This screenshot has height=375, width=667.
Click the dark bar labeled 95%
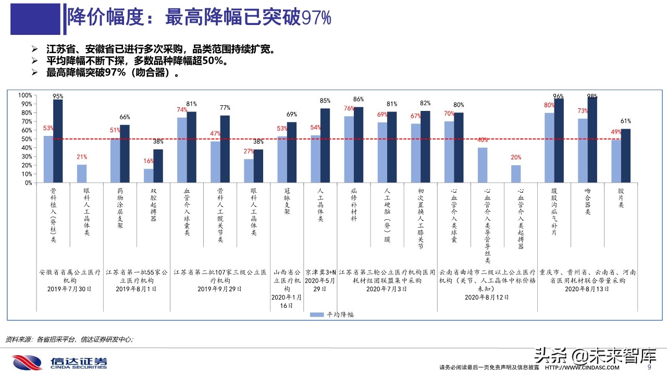(58, 141)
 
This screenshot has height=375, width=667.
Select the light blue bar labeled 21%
(82, 173)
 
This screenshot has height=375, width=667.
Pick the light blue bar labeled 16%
(149, 176)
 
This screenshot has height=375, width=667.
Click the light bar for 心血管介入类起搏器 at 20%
(515, 174)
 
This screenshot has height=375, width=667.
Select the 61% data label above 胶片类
(626, 121)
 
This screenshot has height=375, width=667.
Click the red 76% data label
(349, 109)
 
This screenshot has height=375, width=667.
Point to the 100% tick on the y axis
(24, 95)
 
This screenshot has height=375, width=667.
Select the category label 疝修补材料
(354, 205)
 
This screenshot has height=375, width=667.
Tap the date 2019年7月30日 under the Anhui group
(69, 289)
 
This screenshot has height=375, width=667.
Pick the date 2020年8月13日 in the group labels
(587, 289)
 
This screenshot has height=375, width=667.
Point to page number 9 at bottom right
(649, 367)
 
